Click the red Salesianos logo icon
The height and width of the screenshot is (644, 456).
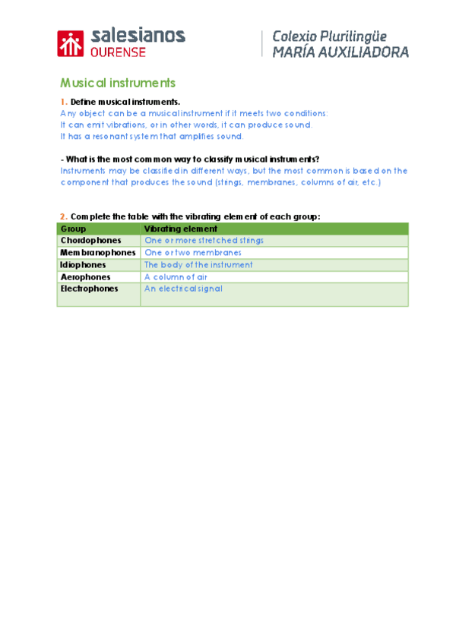pos(71,44)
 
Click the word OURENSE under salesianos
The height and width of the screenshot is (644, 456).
pos(114,52)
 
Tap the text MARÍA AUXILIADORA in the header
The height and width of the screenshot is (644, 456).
pos(335,52)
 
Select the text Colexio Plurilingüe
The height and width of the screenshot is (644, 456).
pos(329,36)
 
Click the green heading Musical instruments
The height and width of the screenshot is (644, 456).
pos(118,83)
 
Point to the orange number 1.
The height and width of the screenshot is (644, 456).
pos(62,102)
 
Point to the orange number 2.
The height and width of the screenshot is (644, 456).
pos(62,216)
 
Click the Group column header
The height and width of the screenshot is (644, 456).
pos(73,229)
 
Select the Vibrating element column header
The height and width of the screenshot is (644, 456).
pos(181,229)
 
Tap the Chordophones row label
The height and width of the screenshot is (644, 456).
pos(90,241)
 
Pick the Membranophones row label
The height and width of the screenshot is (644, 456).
pos(97,253)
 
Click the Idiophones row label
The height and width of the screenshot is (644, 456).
pos(84,265)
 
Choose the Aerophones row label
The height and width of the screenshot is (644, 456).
pos(85,277)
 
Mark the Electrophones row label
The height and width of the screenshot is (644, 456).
pos(89,289)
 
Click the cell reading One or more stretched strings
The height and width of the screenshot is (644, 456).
pos(204,241)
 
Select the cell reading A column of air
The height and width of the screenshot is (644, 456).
pos(176,277)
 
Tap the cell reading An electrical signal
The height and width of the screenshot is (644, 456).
pos(183,289)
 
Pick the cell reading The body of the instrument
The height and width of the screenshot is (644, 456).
pos(198,265)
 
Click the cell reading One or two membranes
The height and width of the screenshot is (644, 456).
pos(193,253)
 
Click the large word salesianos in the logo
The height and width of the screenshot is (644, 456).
pos(138,35)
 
